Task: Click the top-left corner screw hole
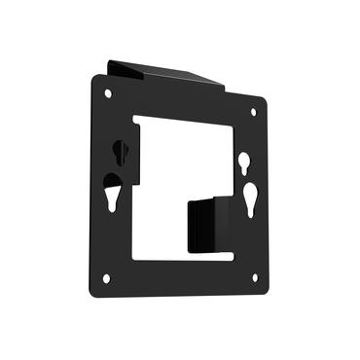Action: coord(107,93)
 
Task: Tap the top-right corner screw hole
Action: coord(254,112)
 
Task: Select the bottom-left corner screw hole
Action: coord(106,277)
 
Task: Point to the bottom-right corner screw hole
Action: coord(254,277)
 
